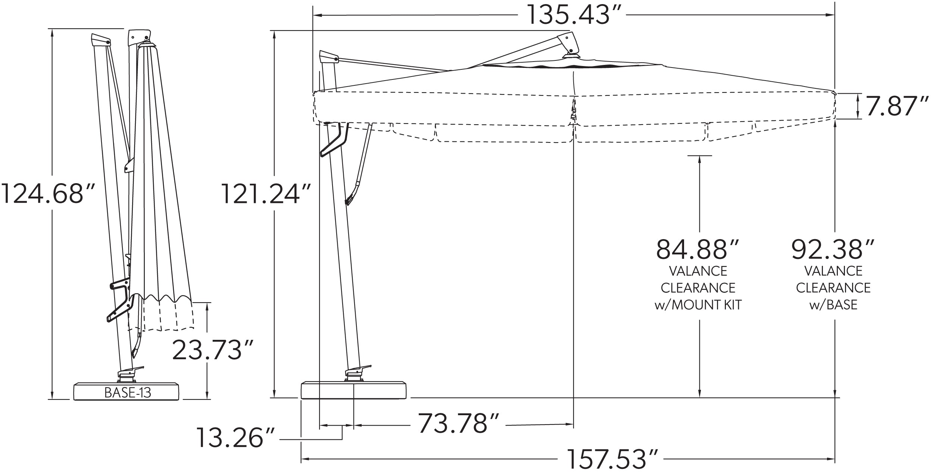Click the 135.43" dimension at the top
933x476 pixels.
tap(571, 15)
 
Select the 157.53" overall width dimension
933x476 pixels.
tap(612, 459)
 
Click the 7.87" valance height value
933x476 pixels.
tap(896, 106)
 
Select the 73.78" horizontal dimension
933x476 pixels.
tap(458, 423)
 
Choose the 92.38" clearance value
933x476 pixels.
tap(832, 250)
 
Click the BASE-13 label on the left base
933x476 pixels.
tap(128, 392)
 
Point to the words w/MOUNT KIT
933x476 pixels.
tap(698, 305)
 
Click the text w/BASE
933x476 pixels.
tap(833, 305)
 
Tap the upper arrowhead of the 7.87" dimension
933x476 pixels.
tap(858, 97)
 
